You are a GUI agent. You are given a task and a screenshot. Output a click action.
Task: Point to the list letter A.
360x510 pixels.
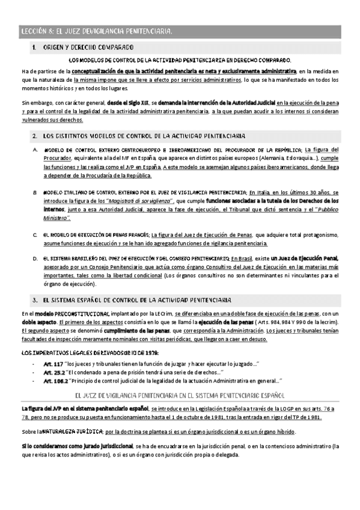point(35,150)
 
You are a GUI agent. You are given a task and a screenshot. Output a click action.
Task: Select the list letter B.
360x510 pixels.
point(35,192)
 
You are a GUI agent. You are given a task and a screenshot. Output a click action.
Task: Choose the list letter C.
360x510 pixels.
point(35,235)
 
